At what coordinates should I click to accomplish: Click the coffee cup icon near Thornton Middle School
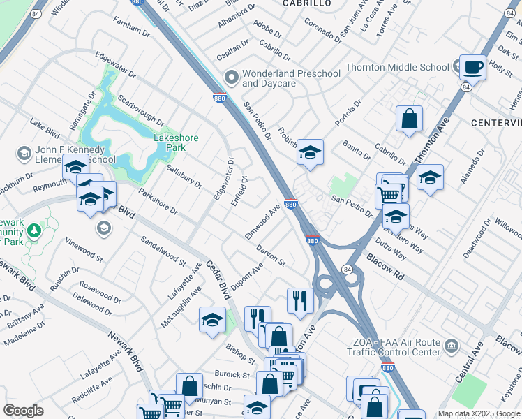tap(472, 68)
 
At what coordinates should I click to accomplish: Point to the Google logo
tap(23, 411)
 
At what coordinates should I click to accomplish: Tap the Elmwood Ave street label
tap(262, 222)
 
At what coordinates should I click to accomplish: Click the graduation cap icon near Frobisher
tap(310, 152)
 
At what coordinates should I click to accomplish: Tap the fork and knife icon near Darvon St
tap(300, 300)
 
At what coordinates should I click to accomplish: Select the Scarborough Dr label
tap(140, 110)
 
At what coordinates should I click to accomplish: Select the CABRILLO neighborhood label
tap(306, 3)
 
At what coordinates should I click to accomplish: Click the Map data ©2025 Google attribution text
tap(478, 413)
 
